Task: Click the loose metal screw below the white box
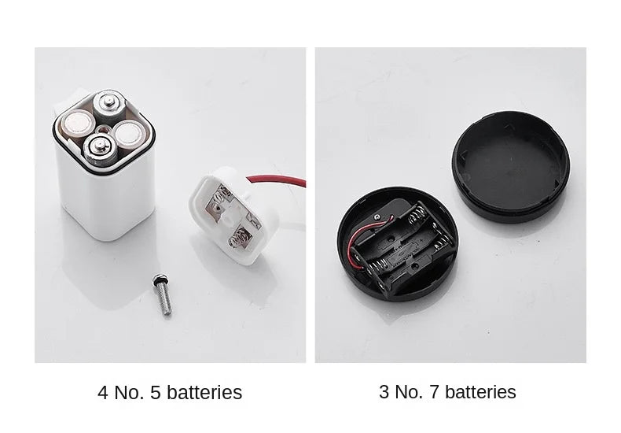point(163,294)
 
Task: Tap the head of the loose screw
point(160,279)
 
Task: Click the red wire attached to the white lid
point(277,180)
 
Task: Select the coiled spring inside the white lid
point(238,239)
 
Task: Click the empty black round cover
point(511,167)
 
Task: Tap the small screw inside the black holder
point(377,217)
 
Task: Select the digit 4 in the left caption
point(102,393)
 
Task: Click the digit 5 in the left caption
point(156,393)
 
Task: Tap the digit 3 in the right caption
point(384,392)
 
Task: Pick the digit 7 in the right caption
point(435,392)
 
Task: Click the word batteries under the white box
point(204,393)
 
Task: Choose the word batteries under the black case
point(480,392)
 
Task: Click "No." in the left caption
point(129,393)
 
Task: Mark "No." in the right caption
point(410,392)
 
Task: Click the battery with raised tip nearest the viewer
point(101,150)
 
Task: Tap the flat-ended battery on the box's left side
point(79,124)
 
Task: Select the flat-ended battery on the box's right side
point(128,134)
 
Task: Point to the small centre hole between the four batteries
point(103,128)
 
